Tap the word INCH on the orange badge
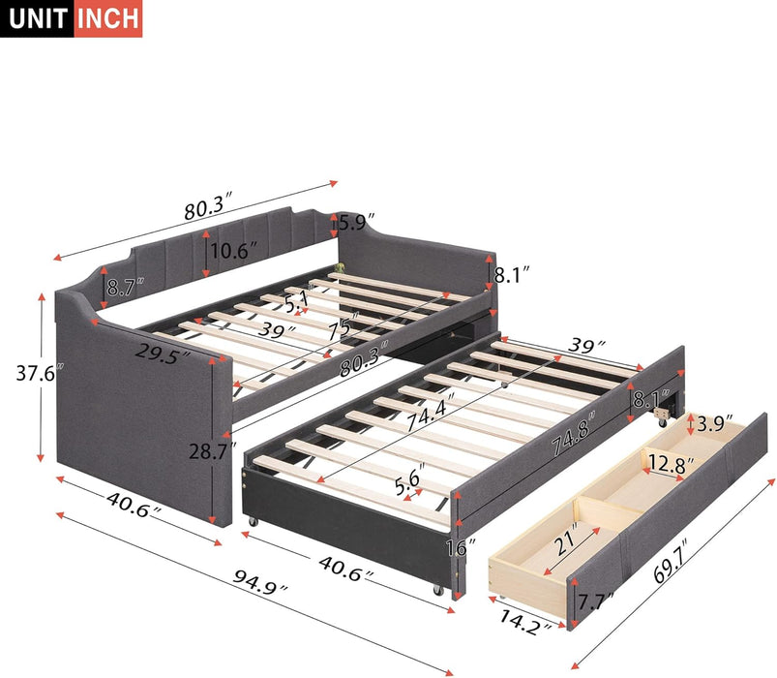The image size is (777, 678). [x=105, y=18]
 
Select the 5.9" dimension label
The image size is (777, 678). [x=356, y=223]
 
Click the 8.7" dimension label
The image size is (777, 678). [x=125, y=286]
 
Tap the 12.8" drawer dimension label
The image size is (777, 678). [x=671, y=465]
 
